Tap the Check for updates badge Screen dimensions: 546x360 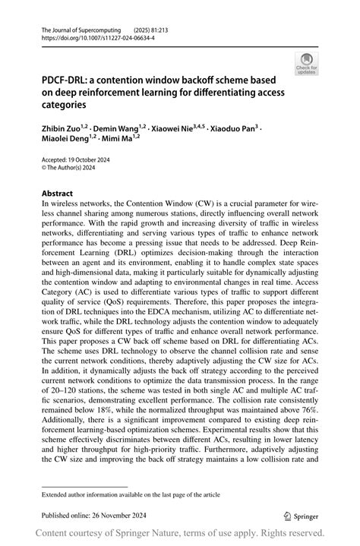[x=308, y=63]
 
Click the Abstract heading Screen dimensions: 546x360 [x=58, y=194]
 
